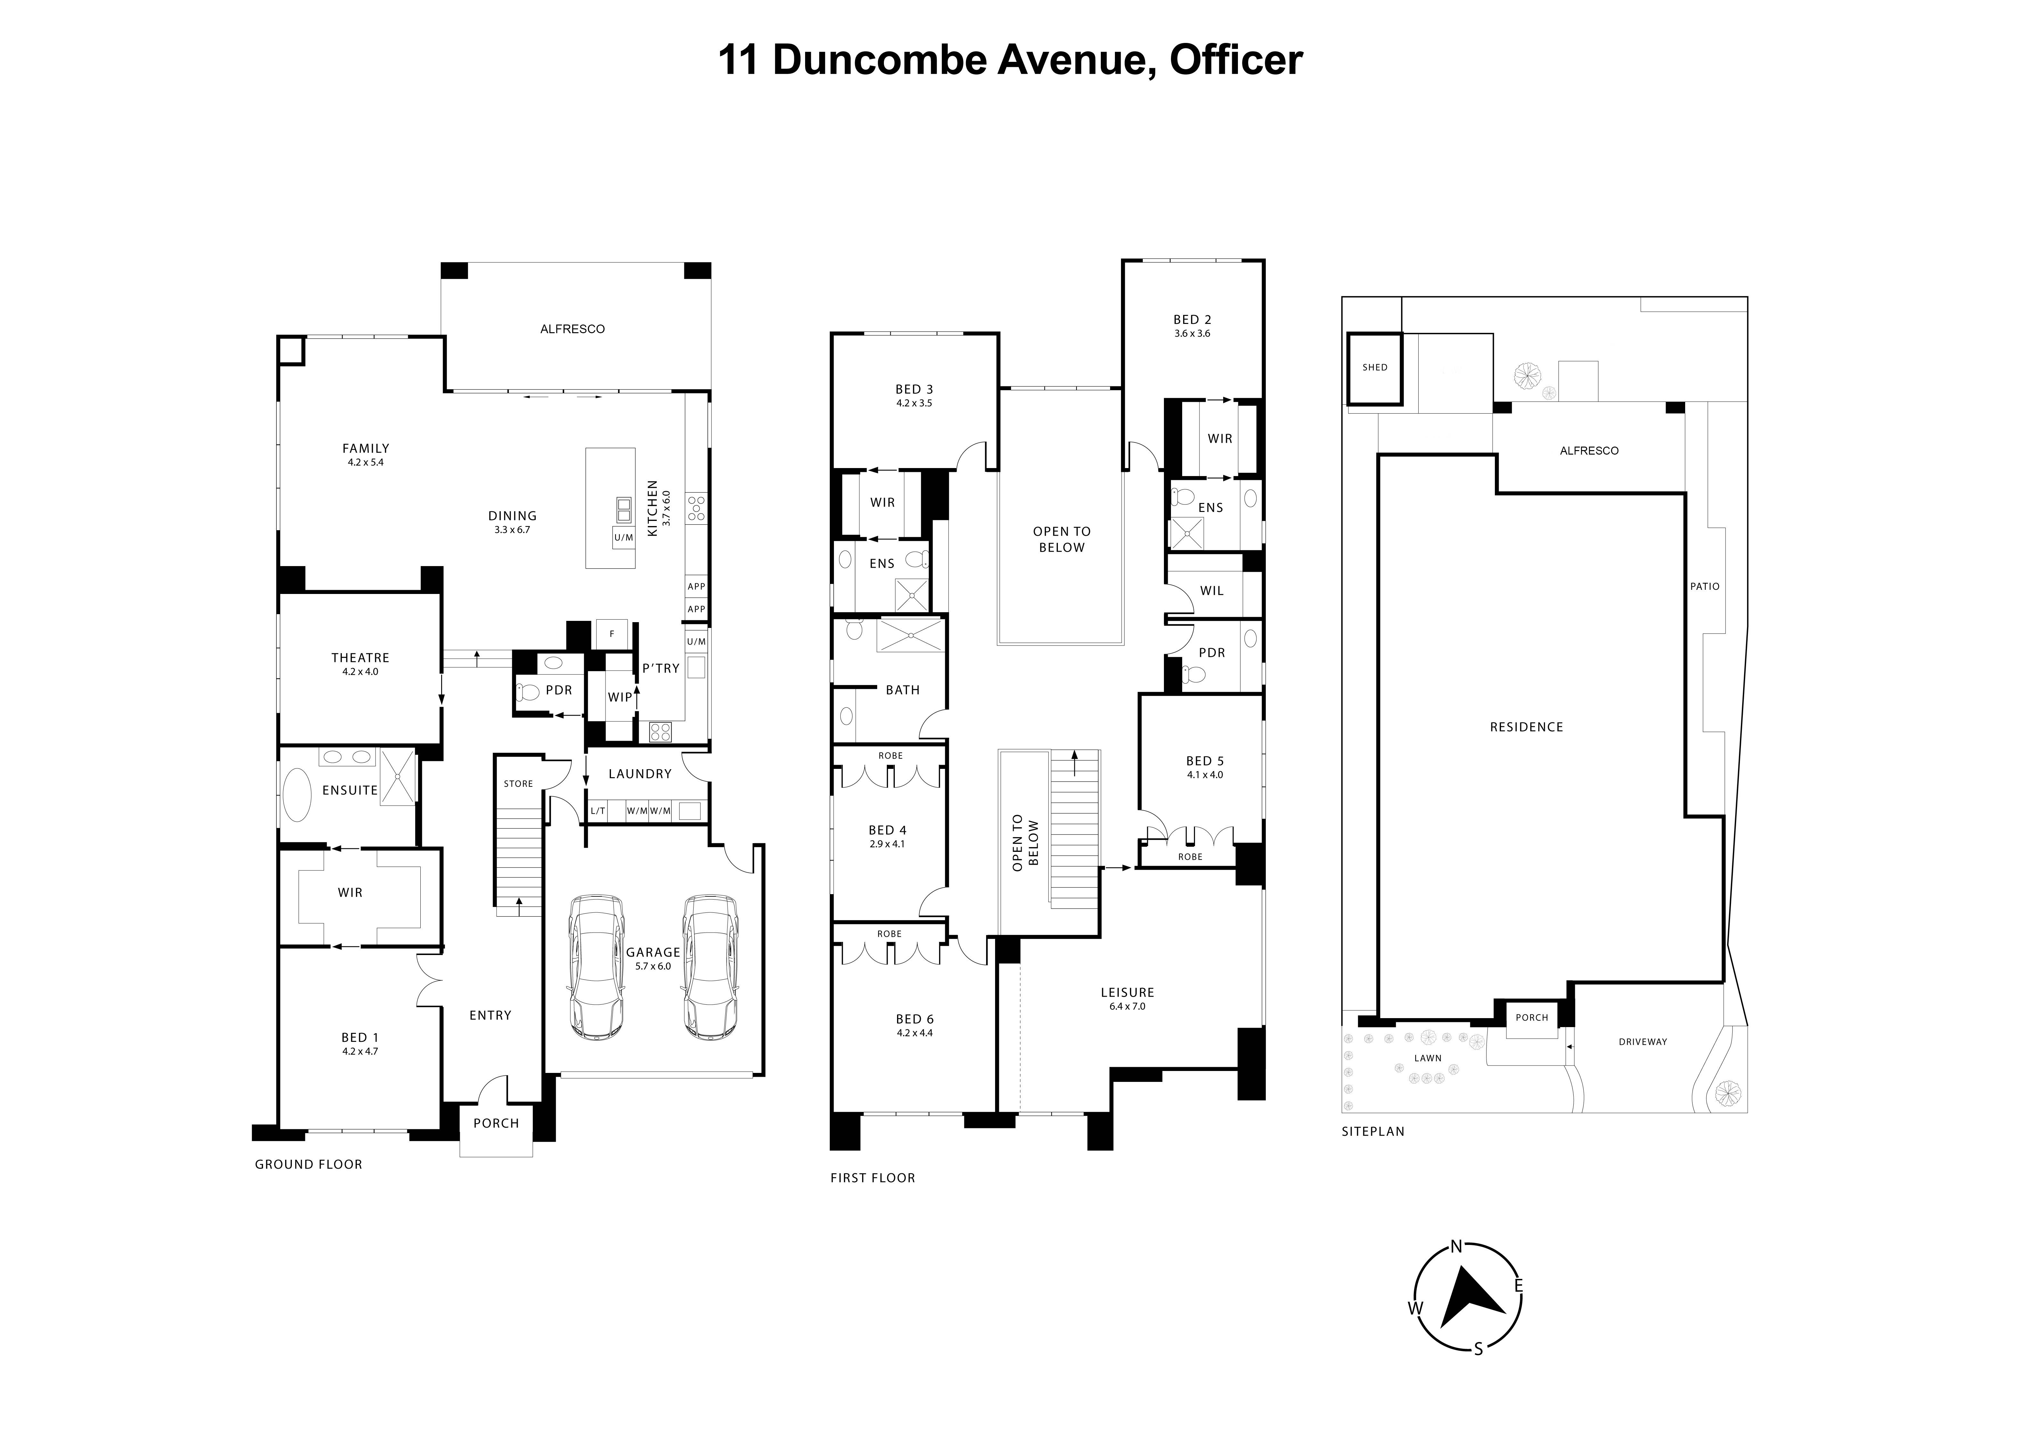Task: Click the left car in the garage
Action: [x=596, y=968]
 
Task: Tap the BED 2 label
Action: [x=1192, y=320]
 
